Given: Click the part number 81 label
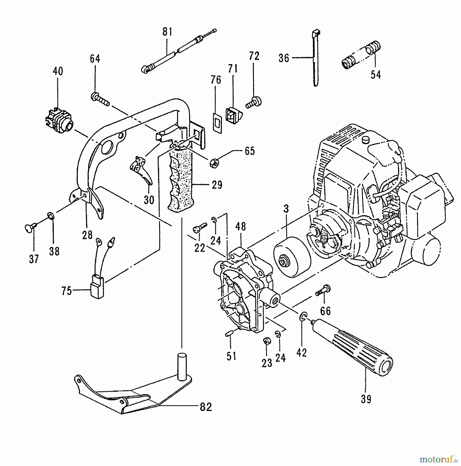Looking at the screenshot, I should [167, 32].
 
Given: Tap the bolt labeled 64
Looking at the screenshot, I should [100, 100].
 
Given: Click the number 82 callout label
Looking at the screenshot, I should [206, 407].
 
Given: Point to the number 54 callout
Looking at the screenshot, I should [376, 75].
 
